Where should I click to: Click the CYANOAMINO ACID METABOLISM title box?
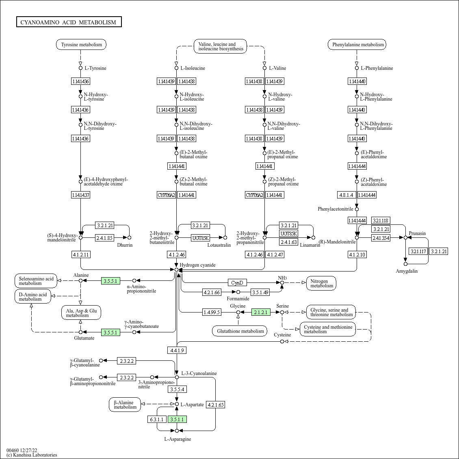(69, 22)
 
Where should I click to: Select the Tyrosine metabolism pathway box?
(81, 45)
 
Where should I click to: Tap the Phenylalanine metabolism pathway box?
(357, 45)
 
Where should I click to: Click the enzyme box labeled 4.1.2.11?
(81, 254)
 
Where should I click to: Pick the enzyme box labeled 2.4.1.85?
(104, 238)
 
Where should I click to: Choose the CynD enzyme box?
(237, 282)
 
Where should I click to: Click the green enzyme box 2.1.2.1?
(261, 312)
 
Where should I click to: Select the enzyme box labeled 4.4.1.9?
(177, 350)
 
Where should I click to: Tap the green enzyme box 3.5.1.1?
(177, 419)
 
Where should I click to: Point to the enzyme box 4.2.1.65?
(215, 405)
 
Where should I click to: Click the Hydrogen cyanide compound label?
(197, 265)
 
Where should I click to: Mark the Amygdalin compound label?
(407, 271)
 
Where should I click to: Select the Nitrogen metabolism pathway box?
(321, 283)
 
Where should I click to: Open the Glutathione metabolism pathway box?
(240, 331)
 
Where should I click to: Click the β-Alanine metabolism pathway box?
(125, 405)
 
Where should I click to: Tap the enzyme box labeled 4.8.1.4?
(346, 195)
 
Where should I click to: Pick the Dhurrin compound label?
(125, 245)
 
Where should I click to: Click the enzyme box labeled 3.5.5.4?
(177, 389)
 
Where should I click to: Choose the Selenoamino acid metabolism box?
(36, 281)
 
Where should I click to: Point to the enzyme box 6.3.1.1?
(157, 419)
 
